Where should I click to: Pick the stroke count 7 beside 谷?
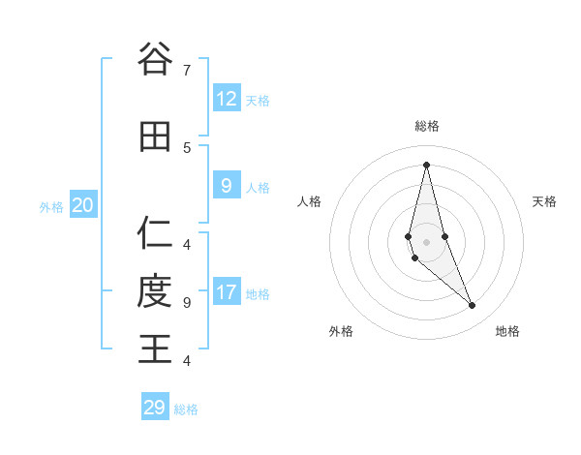186,70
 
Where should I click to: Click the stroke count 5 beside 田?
186,147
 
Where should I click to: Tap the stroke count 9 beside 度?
186,302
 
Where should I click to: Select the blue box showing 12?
226,98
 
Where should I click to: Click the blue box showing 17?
226,292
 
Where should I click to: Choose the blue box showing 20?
82,205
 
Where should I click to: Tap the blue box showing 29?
154,408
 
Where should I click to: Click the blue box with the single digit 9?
226,186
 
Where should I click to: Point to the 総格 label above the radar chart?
427,126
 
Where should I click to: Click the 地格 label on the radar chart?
507,331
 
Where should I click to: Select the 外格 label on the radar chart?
341,331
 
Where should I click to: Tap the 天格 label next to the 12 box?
258,101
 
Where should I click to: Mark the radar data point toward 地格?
472,306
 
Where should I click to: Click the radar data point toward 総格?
426,164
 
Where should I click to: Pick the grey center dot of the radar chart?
426,241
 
